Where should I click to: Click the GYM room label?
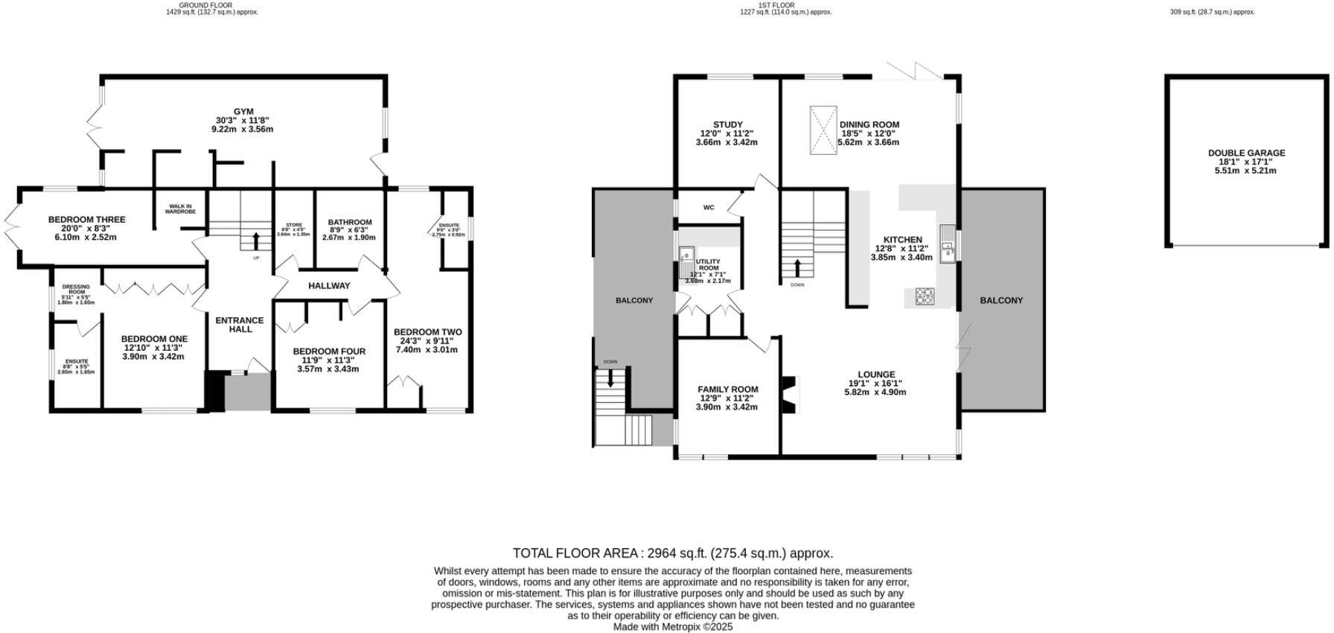tap(243, 112)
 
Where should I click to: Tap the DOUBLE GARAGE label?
tap(1246, 153)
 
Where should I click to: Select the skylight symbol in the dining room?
tap(823, 130)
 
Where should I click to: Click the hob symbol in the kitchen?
tap(925, 296)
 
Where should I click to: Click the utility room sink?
tap(686, 258)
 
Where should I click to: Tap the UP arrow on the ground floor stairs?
tap(256, 241)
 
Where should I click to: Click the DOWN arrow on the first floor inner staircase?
tap(798, 267)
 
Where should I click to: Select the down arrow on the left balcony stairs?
tap(611, 378)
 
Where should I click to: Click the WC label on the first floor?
tap(709, 208)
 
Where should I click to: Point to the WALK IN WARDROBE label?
tap(182, 209)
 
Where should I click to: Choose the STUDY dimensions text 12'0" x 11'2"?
tap(727, 134)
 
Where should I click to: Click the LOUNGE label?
tap(876, 375)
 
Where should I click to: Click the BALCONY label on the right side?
tap(1001, 300)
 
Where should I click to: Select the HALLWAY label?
tap(329, 285)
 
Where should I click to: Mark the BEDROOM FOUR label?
tap(329, 352)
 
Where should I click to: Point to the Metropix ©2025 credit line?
tap(672, 627)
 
